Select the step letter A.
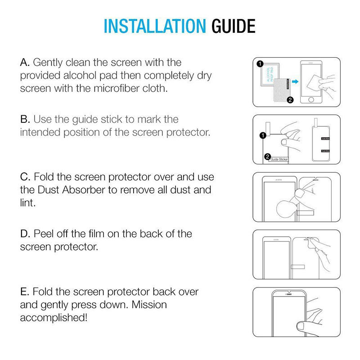(x=24, y=62)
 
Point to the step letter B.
(x=24, y=120)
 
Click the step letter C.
(x=24, y=177)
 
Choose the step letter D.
(x=25, y=234)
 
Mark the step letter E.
(x=24, y=292)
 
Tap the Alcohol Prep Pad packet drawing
(x=269, y=74)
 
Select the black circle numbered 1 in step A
(x=260, y=64)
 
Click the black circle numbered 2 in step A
(x=290, y=100)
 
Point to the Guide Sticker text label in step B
(x=278, y=159)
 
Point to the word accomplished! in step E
(x=54, y=317)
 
